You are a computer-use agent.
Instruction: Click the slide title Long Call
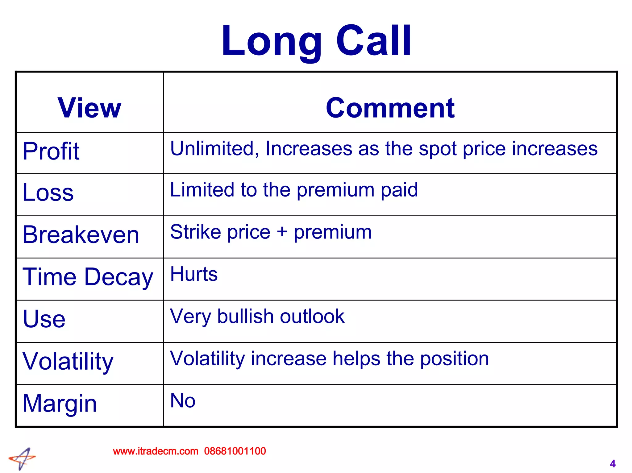point(316,41)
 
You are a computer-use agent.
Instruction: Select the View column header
point(89,108)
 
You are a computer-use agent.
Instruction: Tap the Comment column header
point(390,108)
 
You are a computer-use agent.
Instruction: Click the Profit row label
point(51,151)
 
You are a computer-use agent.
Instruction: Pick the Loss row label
point(48,192)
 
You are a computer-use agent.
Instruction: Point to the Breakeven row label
point(81,234)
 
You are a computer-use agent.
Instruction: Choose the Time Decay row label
point(88,277)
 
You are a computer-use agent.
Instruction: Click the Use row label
point(44,319)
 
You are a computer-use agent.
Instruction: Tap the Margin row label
point(60,403)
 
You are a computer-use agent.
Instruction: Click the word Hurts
point(194,274)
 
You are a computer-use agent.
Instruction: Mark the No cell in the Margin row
point(183,400)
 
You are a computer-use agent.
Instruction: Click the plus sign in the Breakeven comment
point(282,232)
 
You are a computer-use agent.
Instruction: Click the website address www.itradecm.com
point(156,451)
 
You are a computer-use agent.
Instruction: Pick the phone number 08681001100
point(235,451)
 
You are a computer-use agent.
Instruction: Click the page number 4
point(613,463)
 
